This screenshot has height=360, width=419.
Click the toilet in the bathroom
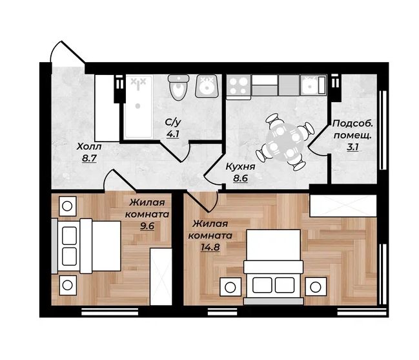point(178,87)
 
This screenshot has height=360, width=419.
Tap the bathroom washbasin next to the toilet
point(208,86)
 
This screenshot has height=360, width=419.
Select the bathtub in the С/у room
point(139,107)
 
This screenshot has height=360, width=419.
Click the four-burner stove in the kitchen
point(239,86)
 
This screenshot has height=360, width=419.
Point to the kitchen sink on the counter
point(313,85)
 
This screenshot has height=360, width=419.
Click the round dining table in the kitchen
point(285,142)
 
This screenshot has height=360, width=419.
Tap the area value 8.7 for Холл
point(89,158)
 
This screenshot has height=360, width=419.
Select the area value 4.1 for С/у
point(172,134)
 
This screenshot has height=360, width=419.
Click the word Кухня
point(241,167)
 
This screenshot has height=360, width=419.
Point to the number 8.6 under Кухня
point(241,178)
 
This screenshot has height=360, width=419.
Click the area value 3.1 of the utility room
point(353,147)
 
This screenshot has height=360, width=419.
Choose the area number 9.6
point(147,226)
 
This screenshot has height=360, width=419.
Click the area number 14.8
point(210,247)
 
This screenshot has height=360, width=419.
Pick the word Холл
point(89,147)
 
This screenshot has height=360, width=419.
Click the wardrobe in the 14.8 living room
point(343,206)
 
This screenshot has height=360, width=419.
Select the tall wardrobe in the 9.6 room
point(161,277)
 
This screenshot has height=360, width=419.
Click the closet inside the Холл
point(107,108)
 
